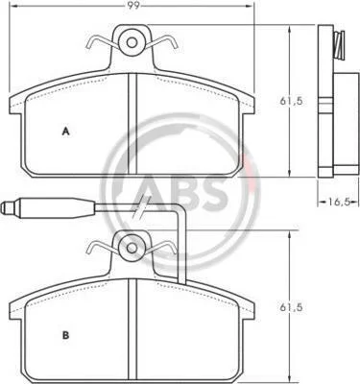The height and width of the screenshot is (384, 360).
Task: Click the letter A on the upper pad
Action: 65,132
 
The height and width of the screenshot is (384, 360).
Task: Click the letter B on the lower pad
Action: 65,335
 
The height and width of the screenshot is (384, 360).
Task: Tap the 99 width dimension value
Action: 133,6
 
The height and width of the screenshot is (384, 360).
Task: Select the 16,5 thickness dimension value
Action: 338,202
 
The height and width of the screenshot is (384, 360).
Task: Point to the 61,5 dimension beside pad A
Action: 291,101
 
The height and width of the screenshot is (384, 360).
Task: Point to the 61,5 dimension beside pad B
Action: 291,308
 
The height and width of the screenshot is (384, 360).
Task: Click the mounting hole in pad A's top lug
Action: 132,42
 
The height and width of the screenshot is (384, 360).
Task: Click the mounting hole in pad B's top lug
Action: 132,248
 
